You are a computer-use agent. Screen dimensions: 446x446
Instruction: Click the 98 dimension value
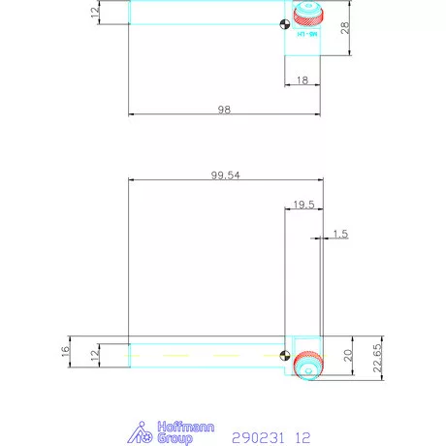click(x=224, y=110)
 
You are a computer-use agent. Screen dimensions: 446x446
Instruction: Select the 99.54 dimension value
click(x=226, y=175)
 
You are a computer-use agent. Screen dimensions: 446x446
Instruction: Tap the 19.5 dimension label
click(x=301, y=205)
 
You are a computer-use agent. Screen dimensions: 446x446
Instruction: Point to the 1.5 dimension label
click(x=340, y=234)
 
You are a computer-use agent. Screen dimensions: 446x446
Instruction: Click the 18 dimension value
click(x=303, y=80)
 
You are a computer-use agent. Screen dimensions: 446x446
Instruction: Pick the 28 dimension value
click(x=344, y=29)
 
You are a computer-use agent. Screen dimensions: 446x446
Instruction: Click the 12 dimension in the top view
click(x=94, y=12)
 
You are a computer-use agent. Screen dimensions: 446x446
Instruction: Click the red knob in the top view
click(x=308, y=16)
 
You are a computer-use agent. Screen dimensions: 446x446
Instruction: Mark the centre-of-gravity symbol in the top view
click(x=281, y=25)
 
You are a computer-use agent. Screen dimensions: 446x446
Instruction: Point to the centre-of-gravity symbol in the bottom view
click(x=283, y=356)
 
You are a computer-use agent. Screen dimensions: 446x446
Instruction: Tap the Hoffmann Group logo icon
click(x=143, y=432)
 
